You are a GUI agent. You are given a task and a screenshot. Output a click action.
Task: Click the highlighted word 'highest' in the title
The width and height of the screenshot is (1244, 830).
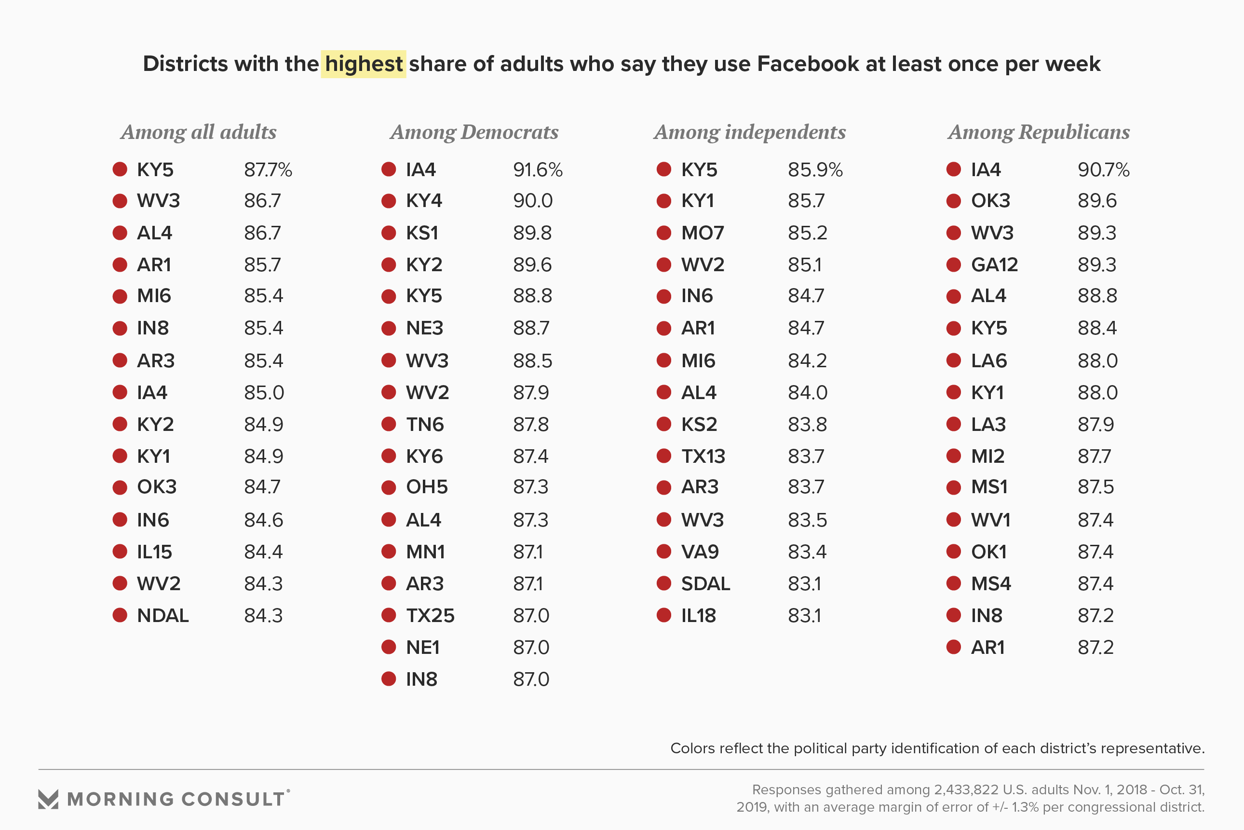click(x=364, y=64)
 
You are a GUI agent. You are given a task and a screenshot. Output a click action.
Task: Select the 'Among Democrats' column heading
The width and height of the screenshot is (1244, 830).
click(x=474, y=132)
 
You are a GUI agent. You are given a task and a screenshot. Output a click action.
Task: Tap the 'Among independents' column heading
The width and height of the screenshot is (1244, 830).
click(x=749, y=132)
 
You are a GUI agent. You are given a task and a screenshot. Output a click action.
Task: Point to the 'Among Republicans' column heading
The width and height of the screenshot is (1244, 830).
click(x=1038, y=132)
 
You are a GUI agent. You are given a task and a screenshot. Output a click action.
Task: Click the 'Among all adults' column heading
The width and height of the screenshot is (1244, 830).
click(x=198, y=132)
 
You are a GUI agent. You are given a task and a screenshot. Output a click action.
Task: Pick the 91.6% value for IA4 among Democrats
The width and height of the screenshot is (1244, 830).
click(x=537, y=170)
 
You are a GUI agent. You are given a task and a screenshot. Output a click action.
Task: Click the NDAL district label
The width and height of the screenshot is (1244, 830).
click(x=162, y=616)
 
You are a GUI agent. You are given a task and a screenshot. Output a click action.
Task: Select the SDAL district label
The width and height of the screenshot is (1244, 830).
click(x=705, y=584)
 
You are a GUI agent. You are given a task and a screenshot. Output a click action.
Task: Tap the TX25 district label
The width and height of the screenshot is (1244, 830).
click(x=430, y=616)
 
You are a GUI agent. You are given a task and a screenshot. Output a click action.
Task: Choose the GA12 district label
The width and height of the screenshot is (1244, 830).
click(x=994, y=264)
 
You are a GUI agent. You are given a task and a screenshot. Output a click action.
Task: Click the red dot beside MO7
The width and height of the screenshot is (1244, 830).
click(x=663, y=233)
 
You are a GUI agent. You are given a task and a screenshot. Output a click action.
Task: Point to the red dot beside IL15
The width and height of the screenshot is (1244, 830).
click(x=120, y=552)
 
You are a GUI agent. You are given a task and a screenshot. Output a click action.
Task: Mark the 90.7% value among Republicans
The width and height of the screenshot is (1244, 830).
click(x=1103, y=170)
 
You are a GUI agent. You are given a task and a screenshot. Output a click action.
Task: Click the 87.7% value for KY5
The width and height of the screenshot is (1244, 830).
click(x=268, y=170)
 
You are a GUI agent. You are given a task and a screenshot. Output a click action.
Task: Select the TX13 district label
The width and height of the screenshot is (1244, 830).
click(x=703, y=456)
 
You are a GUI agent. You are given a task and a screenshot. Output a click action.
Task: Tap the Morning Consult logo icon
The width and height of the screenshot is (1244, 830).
click(x=48, y=799)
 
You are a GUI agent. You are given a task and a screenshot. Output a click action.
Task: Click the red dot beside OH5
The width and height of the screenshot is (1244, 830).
click(x=389, y=487)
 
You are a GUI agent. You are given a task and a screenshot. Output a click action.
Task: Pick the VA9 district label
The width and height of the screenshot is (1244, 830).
click(x=700, y=552)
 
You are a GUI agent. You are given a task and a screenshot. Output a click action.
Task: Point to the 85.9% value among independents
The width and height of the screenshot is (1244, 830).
click(x=814, y=170)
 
